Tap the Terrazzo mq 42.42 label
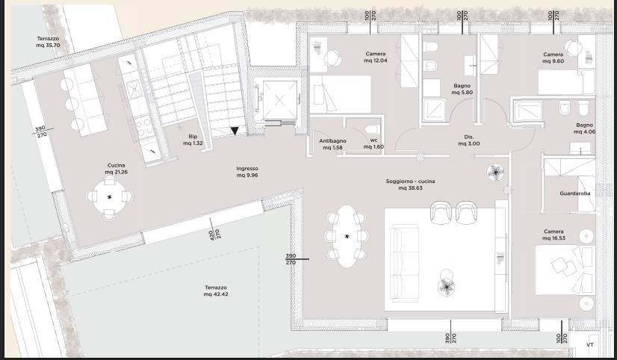(x=215, y=291)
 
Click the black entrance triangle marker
(x=235, y=131)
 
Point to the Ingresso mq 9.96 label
(x=247, y=173)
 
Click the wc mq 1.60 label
(x=373, y=144)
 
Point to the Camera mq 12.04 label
(x=375, y=58)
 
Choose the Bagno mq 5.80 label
(x=461, y=89)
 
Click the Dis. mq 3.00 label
(x=469, y=140)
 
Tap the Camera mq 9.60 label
(x=553, y=58)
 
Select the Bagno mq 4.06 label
(x=583, y=128)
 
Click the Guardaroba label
(x=575, y=193)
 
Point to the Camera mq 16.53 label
(x=554, y=235)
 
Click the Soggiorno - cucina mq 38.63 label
(x=410, y=185)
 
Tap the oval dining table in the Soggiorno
(x=347, y=237)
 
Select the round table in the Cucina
(x=110, y=197)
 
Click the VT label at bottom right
(x=589, y=345)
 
